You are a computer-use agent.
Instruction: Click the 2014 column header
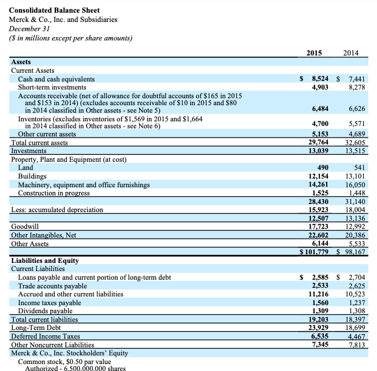coord(350,53)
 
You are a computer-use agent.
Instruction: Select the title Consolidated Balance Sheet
coord(54,10)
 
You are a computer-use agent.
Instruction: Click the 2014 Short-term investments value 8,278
coord(352,87)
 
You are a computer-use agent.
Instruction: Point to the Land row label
coord(25,168)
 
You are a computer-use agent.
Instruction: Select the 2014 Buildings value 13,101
coord(352,176)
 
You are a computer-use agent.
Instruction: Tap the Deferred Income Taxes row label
coord(46,336)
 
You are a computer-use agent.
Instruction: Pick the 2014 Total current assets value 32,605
coord(352,142)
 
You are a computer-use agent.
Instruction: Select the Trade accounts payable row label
coord(53,285)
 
